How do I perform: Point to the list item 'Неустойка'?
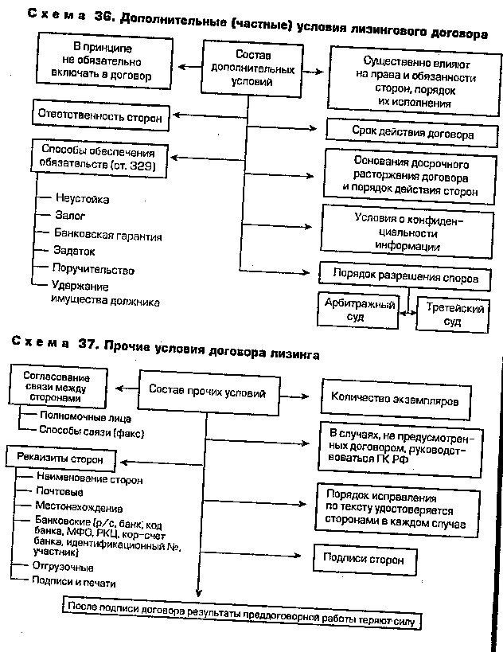[83, 198]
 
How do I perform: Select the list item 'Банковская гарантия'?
[108, 236]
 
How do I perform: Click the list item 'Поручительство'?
[93, 270]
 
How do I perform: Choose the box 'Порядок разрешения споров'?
[404, 279]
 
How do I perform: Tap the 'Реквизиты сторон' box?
[60, 459]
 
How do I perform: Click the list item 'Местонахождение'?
[79, 507]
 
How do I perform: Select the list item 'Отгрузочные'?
[64, 568]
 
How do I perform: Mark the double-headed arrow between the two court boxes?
[404, 313]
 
